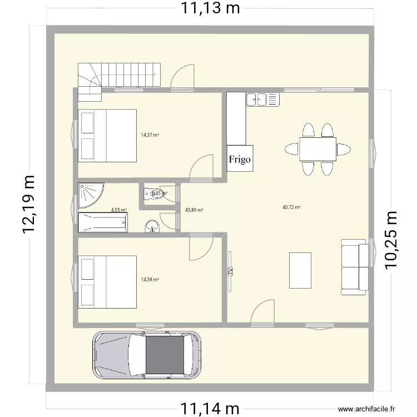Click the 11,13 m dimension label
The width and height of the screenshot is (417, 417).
coord(210,8)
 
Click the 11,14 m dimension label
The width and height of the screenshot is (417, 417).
coord(210,409)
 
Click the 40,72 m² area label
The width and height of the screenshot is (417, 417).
coord(291,207)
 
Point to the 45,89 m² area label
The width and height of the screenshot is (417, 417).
coord(193,210)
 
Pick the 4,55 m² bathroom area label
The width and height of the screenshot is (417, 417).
coord(119,210)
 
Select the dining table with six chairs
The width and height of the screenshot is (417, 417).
coord(317,149)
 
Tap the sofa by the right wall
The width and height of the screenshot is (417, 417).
coord(355,267)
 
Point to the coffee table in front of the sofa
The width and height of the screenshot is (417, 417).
coord(300,270)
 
